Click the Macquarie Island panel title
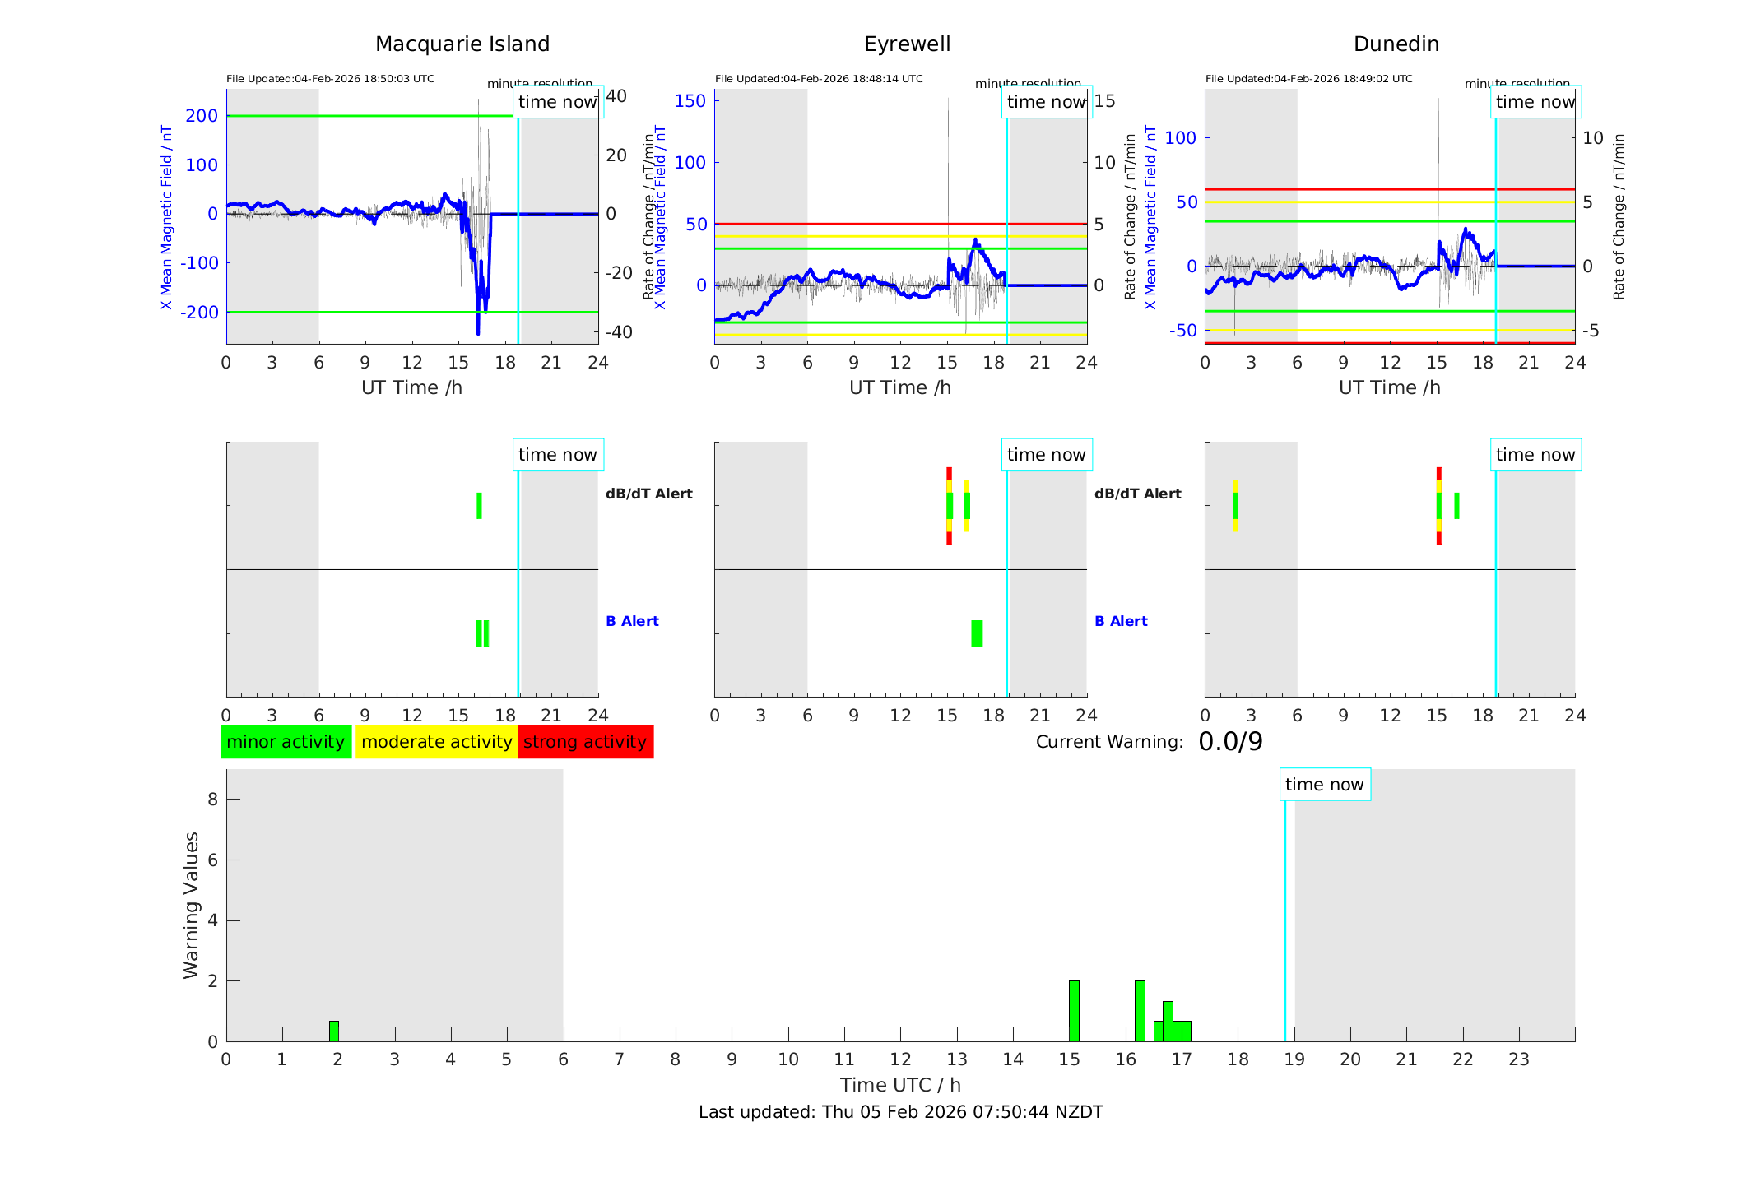[x=462, y=44]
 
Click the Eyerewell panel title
[x=907, y=44]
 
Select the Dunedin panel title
[x=1396, y=44]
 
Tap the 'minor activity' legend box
[x=286, y=742]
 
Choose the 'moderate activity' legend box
[x=436, y=742]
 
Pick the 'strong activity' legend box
[x=585, y=742]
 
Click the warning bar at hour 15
[x=1074, y=1011]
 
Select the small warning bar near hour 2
[x=334, y=1031]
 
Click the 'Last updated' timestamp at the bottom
[x=900, y=1112]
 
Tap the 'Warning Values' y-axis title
[x=192, y=905]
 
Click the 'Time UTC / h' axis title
[x=900, y=1085]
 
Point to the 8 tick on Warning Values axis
[x=212, y=800]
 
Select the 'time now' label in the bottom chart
[x=1324, y=785]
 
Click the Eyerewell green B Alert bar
[x=977, y=633]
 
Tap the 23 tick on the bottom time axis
[x=1519, y=1059]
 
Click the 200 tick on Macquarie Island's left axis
[x=202, y=116]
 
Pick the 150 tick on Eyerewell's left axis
[x=690, y=101]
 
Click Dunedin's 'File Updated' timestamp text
[x=1308, y=79]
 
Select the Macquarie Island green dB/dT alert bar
[x=479, y=506]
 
